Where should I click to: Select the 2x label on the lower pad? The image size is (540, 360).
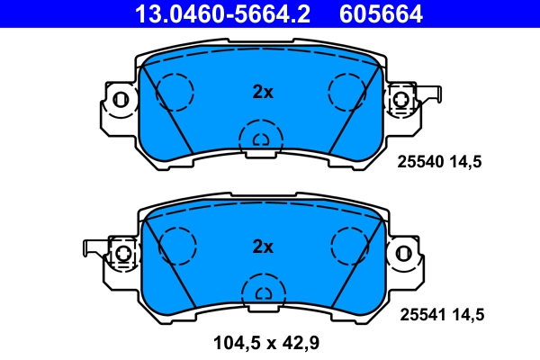[262, 246]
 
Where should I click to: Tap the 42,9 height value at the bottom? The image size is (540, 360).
[304, 342]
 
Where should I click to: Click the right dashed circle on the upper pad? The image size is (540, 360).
[348, 89]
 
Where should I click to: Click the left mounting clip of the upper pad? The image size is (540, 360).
[119, 99]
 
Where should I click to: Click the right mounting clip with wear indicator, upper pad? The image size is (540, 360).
[407, 99]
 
